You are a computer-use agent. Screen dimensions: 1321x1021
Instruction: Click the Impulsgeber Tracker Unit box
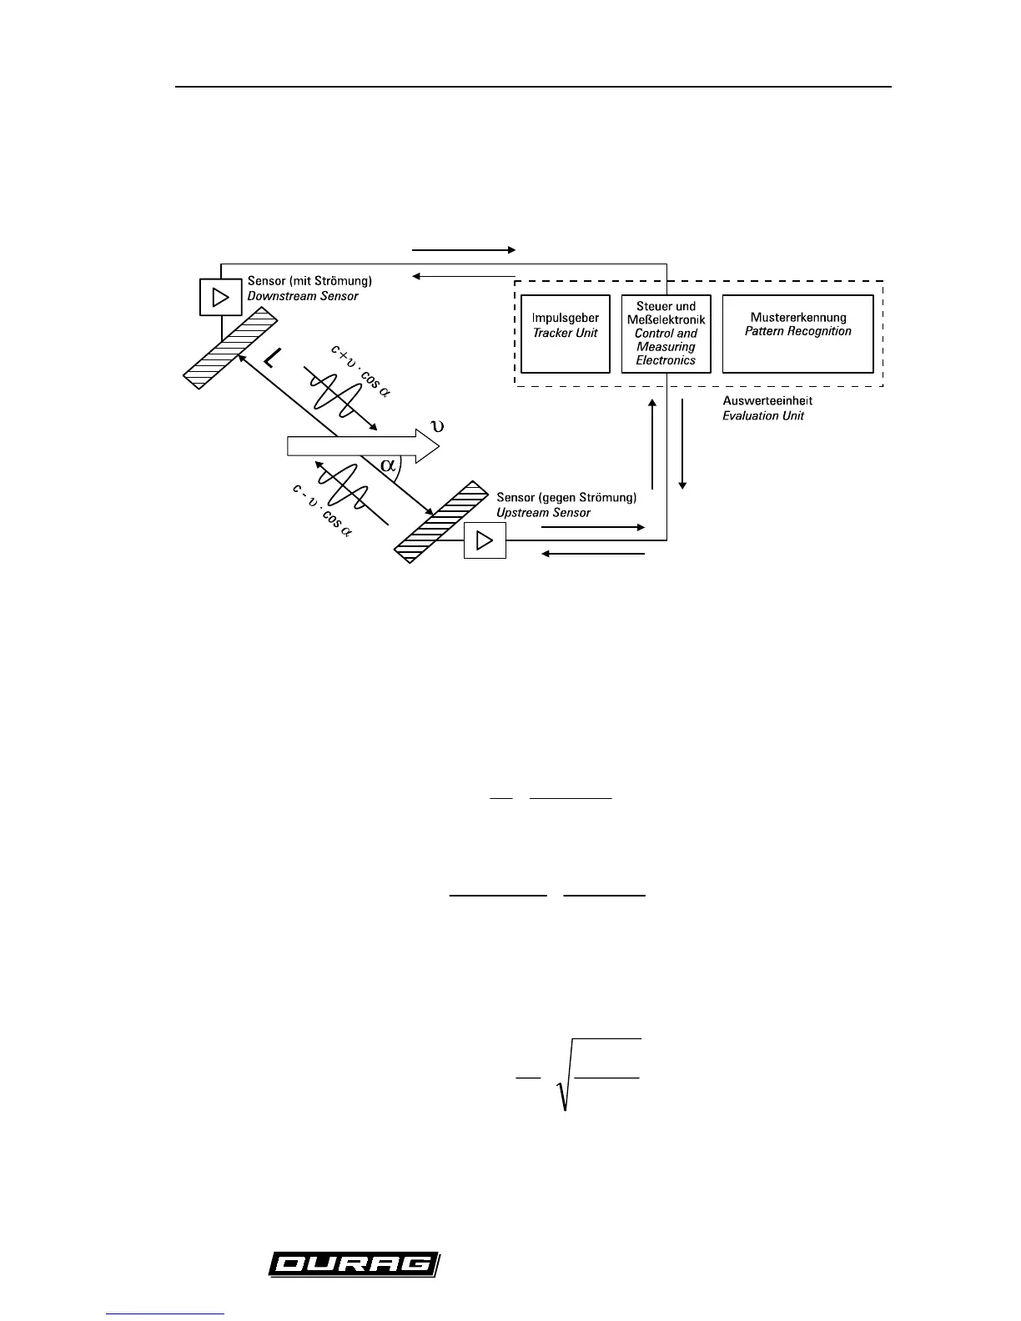[x=565, y=333]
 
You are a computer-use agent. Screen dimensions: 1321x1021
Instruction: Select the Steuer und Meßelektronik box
[x=666, y=333]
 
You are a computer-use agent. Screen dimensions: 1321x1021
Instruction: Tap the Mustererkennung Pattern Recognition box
[x=797, y=333]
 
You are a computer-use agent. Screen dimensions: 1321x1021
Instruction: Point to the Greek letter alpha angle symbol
[x=389, y=465]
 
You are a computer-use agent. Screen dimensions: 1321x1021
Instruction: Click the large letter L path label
[x=271, y=359]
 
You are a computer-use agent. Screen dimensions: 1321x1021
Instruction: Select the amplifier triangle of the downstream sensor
[x=220, y=297]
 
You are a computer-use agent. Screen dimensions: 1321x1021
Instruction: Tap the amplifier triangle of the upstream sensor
[x=484, y=541]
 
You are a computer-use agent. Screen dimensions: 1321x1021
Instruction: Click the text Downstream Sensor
[x=303, y=296]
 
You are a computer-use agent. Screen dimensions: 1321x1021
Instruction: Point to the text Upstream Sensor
[x=543, y=512]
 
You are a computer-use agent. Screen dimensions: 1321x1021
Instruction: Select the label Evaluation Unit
[x=763, y=415]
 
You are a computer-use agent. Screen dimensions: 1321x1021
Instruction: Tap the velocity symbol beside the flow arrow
[x=435, y=426]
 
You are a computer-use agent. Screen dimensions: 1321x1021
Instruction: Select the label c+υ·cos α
[x=360, y=373]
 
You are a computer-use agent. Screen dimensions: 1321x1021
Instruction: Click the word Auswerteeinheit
[x=767, y=401]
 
